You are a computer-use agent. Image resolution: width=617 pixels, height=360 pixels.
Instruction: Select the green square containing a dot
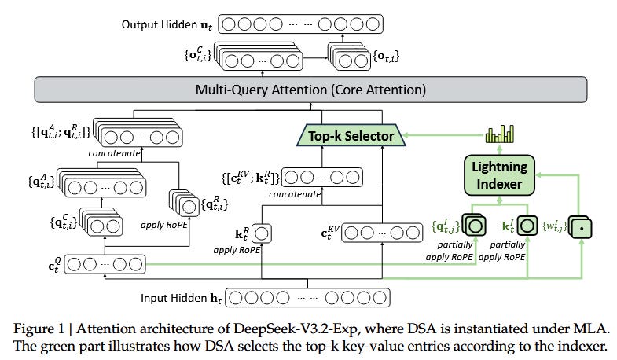tap(579, 227)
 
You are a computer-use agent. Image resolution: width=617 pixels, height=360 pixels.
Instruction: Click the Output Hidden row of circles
tap(298, 25)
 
